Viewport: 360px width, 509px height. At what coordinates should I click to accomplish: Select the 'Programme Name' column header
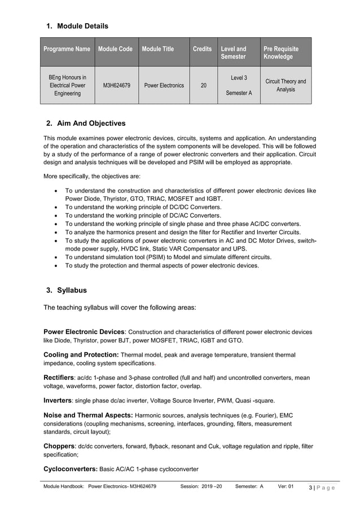[x=67, y=49]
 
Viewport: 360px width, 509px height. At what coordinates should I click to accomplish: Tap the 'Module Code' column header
[x=115, y=49]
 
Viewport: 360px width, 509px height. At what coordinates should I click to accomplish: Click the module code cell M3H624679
[x=117, y=86]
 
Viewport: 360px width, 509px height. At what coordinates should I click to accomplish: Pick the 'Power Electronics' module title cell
[x=164, y=86]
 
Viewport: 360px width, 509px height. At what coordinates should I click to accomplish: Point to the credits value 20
[x=203, y=86]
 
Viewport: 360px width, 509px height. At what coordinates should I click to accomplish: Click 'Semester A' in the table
[x=239, y=93]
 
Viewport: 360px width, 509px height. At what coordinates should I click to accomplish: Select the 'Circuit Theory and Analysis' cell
[x=286, y=86]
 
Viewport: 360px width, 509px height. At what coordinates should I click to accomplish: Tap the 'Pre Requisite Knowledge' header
[x=281, y=53]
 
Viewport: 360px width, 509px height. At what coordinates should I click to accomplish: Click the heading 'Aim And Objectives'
[x=91, y=124]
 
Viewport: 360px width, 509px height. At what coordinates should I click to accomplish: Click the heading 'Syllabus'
[x=72, y=291]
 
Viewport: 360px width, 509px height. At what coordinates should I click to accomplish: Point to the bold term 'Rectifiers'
[x=59, y=378]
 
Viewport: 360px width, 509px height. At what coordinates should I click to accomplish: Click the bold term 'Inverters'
[x=58, y=401]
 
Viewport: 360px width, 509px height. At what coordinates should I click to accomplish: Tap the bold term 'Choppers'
[x=59, y=446]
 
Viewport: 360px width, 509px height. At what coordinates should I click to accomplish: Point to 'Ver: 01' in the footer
[x=286, y=486]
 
